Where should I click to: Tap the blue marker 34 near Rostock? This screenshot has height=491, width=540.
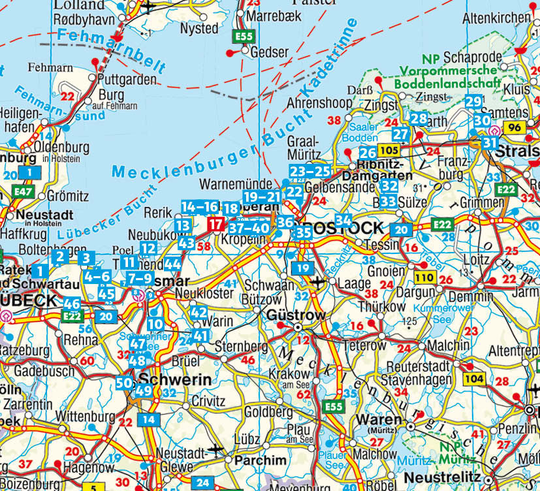click(x=343, y=221)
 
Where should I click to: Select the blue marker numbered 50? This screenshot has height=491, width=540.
click(x=124, y=383)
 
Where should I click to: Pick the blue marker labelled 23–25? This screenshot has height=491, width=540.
click(x=310, y=172)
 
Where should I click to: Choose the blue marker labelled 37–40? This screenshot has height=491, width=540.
click(x=249, y=228)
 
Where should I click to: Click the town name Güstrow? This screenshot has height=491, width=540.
click(x=296, y=315)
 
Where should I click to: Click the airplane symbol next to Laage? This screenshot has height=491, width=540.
click(x=319, y=282)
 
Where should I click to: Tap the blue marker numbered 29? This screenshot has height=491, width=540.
click(x=473, y=101)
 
